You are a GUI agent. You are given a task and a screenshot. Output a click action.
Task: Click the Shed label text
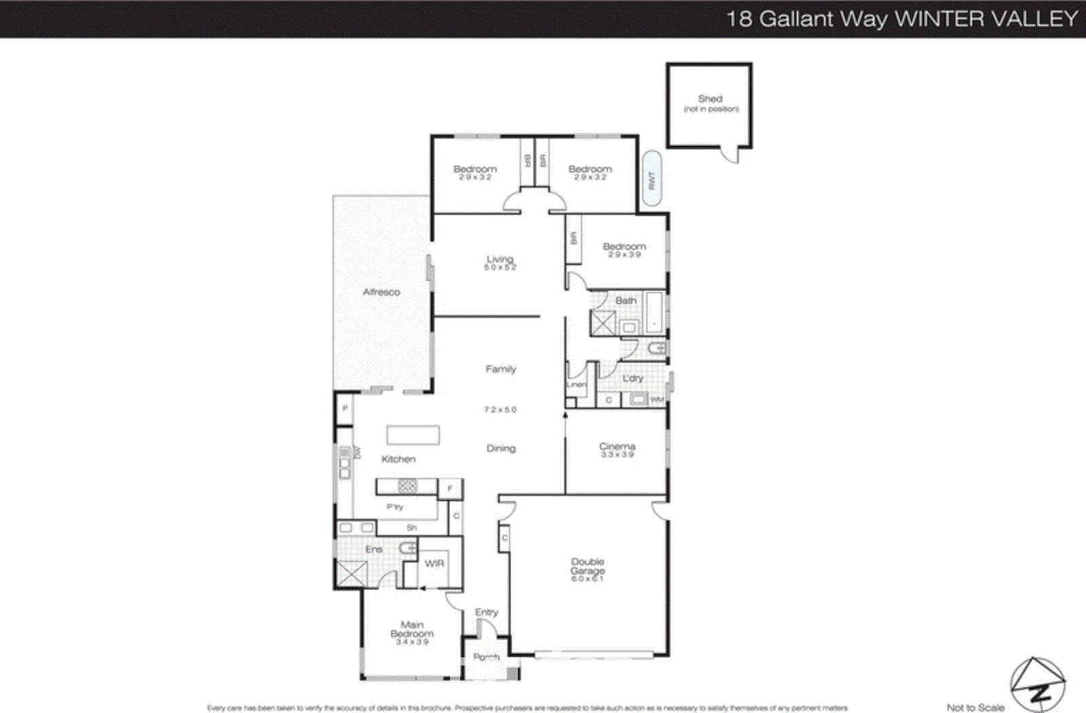[710, 99]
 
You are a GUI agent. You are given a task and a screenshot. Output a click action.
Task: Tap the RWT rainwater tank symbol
[651, 179]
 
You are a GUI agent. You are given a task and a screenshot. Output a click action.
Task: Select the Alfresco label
[381, 292]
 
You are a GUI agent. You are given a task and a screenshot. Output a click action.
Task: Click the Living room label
[500, 259]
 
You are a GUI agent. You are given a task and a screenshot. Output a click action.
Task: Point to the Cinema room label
[617, 446]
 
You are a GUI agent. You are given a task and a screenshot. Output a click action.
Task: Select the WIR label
[434, 564]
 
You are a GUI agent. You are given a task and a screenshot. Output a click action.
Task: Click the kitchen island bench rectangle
[413, 435]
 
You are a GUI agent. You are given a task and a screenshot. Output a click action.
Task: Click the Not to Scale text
[975, 707]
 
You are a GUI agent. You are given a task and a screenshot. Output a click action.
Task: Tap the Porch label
[486, 657]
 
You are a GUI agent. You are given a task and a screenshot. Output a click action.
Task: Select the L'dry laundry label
[633, 378]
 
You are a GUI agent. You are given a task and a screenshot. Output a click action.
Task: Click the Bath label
[626, 300]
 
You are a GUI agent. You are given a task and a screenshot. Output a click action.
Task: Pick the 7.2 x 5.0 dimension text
[500, 409]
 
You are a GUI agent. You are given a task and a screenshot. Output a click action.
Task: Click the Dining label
[501, 448]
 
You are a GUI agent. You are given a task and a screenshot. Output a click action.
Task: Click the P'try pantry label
[395, 507]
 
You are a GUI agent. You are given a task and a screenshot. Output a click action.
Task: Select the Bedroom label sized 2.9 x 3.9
[624, 246]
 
